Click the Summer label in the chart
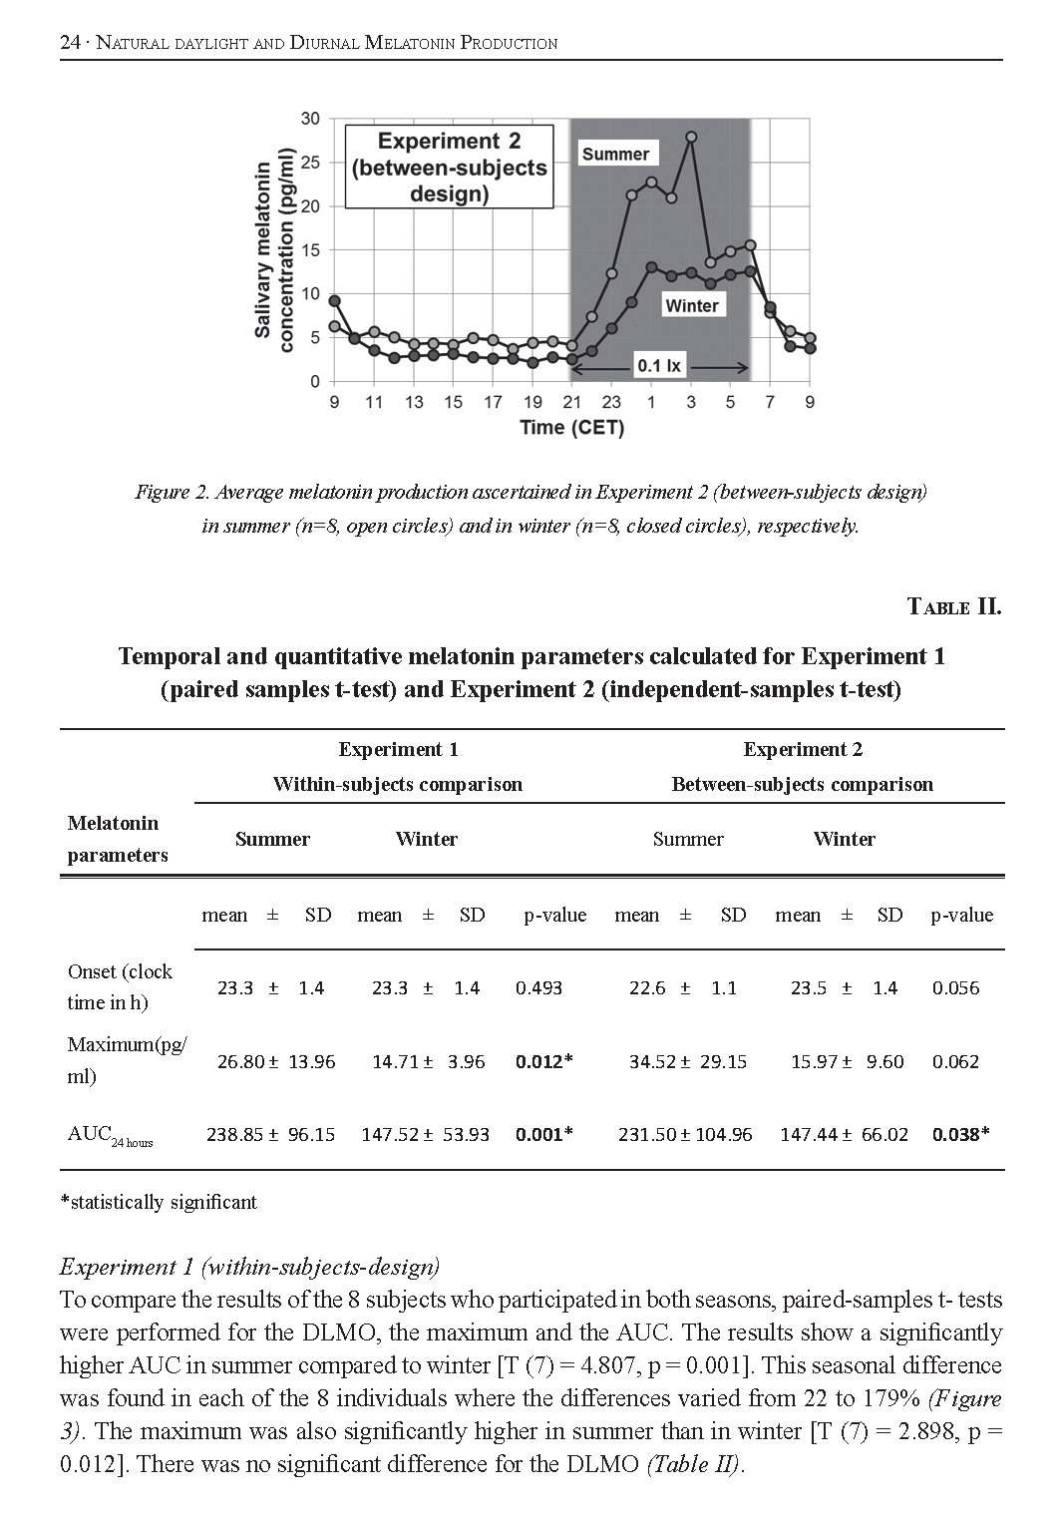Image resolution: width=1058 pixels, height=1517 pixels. click(x=615, y=154)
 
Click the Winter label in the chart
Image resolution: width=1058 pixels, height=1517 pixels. click(x=692, y=305)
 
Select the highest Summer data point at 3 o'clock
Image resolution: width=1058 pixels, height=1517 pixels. click(x=691, y=137)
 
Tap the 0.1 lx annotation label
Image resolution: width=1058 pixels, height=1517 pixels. click(x=659, y=366)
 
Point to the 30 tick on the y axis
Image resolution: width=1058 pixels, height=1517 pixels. click(x=310, y=119)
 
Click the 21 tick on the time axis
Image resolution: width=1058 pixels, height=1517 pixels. click(x=571, y=402)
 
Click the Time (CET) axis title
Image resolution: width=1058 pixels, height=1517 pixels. click(x=571, y=428)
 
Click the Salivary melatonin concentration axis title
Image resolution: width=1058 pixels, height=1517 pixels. click(x=273, y=249)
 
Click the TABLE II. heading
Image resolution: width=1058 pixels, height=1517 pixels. click(x=953, y=606)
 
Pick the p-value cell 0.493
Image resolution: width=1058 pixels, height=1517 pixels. click(x=538, y=988)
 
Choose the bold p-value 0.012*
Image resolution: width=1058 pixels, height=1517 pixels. click(x=543, y=1061)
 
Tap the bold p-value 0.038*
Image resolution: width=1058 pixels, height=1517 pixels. click(x=960, y=1134)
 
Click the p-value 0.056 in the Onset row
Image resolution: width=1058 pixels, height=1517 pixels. click(x=955, y=988)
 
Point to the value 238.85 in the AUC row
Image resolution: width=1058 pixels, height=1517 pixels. click(x=234, y=1134)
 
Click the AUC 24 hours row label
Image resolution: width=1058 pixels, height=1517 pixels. click(x=110, y=1135)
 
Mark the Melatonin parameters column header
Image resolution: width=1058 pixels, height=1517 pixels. click(x=117, y=839)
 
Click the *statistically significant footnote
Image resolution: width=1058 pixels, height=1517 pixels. click(x=159, y=1202)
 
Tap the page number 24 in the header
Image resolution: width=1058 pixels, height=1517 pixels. click(x=70, y=42)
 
